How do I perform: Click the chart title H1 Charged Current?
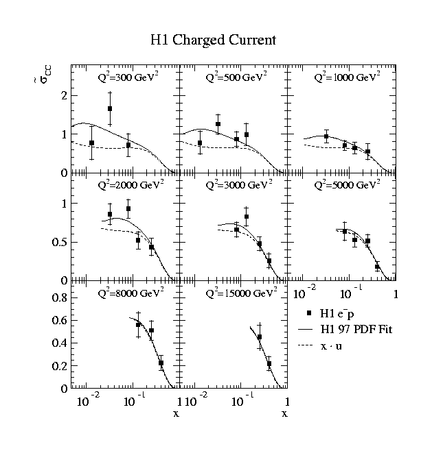(213, 40)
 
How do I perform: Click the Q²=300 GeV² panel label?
(129, 77)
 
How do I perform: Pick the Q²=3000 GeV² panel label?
(240, 185)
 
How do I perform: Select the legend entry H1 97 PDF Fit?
(351, 330)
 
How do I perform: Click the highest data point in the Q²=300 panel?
(110, 109)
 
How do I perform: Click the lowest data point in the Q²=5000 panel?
(377, 267)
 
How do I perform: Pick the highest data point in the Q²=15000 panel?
(260, 337)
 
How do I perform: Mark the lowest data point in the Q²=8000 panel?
(161, 363)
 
